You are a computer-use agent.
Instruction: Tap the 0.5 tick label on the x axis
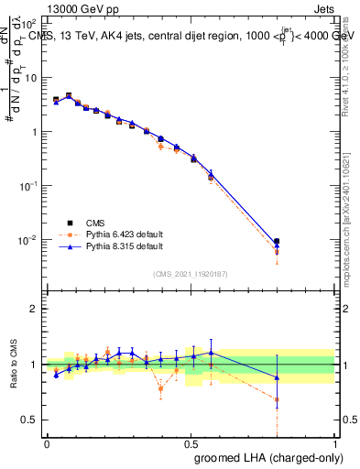pos(191,443)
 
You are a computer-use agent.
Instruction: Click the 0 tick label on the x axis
pos(47,443)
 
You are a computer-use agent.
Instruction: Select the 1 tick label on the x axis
pos(335,443)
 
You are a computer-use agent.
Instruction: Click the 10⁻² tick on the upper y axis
pos(29,240)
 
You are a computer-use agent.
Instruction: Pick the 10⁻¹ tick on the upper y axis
pos(29,186)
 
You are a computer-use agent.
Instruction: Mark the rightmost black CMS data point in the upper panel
pos(278,242)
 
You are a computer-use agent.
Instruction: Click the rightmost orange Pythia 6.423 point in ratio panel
pos(278,399)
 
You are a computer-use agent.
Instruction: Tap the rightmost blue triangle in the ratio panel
pos(278,377)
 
